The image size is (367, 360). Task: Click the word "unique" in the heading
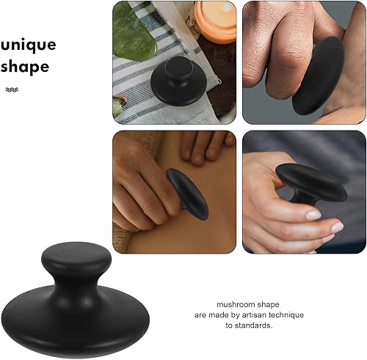[x=28, y=45]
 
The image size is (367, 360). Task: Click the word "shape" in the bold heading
[x=24, y=67]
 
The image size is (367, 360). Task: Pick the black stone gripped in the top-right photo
[x=320, y=76]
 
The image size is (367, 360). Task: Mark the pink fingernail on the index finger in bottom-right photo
[x=313, y=215]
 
